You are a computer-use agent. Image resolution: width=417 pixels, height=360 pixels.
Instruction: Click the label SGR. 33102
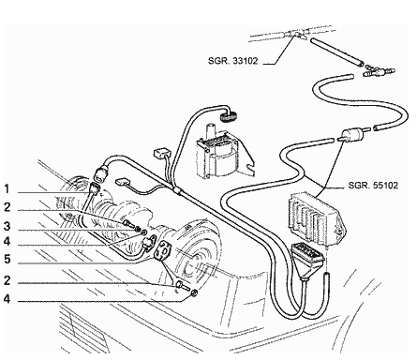(233, 61)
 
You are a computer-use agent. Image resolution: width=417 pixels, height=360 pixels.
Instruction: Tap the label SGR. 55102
(373, 186)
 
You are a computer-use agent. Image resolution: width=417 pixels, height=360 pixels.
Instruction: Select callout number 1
(7, 189)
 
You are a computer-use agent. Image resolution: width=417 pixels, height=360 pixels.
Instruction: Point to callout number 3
(7, 226)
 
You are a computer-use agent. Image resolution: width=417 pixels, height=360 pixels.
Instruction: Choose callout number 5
(7, 260)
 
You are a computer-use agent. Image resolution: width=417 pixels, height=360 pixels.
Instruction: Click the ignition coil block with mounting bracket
(222, 154)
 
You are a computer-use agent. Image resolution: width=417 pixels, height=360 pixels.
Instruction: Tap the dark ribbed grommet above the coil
(229, 116)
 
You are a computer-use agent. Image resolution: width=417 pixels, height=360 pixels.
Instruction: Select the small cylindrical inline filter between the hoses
(353, 135)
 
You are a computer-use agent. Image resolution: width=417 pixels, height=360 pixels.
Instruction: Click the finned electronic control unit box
(317, 218)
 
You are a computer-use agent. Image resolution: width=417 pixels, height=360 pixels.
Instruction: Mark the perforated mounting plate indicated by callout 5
(163, 251)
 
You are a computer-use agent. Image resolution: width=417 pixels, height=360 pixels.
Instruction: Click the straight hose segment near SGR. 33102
(336, 52)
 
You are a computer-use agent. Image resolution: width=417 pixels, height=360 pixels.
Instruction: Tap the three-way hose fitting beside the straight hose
(379, 71)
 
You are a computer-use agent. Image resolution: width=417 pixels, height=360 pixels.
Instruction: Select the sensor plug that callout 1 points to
(95, 188)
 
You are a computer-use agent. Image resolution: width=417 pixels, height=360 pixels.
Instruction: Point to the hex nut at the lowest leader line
(194, 292)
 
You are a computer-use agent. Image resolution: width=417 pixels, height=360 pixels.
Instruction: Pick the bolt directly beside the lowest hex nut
(183, 285)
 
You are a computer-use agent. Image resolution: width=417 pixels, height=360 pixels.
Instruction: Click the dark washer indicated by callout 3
(138, 229)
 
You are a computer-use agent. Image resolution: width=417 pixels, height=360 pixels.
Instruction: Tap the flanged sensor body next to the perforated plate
(149, 242)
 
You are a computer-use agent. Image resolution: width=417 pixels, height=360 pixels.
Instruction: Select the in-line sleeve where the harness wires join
(177, 190)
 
